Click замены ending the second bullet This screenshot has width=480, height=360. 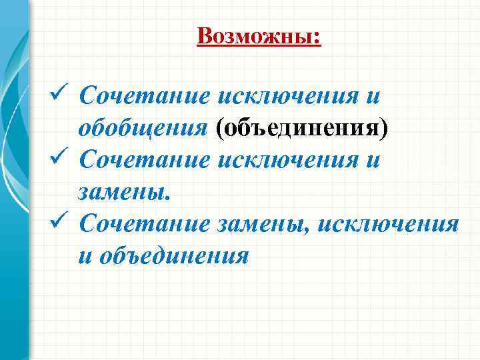[x=125, y=193]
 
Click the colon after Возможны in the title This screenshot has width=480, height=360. [x=317, y=37]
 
